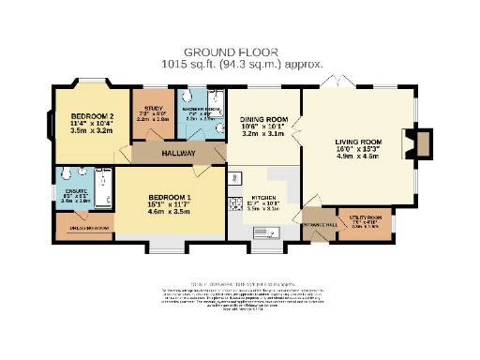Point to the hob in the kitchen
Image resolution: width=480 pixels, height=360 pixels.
coord(237,178)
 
